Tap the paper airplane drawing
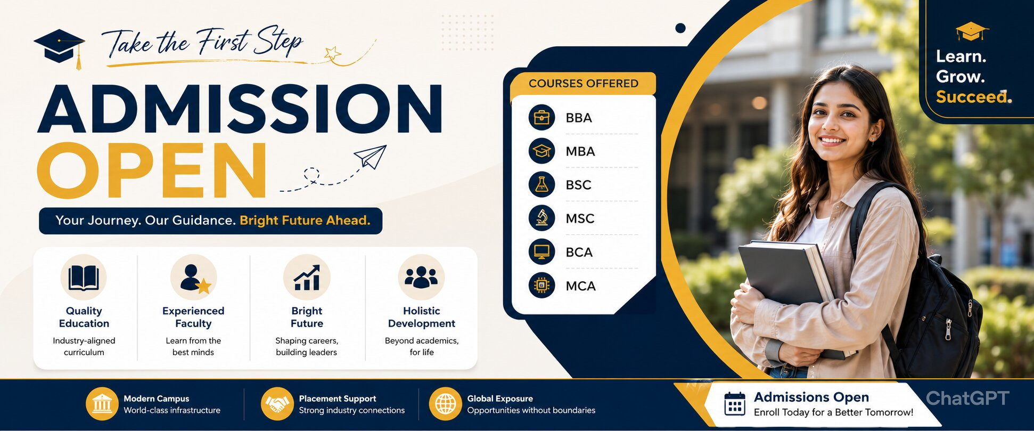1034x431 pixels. point(371,157)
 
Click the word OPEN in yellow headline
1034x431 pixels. point(152,170)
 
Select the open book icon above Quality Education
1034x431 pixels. point(84,278)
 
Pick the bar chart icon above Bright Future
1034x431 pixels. point(307,278)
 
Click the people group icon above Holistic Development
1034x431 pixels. point(421,278)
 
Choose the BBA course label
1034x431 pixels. point(579,118)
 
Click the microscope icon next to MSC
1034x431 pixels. point(542,218)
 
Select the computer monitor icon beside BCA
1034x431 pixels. point(542,251)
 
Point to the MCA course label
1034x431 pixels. point(580,286)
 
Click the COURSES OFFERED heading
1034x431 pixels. point(584,84)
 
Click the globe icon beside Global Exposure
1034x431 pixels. point(445,404)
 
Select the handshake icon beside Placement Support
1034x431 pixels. point(277,404)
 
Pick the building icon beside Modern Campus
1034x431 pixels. point(102,404)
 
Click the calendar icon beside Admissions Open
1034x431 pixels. point(735,404)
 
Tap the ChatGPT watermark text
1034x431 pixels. point(967,398)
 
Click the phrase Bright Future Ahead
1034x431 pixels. point(305,221)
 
